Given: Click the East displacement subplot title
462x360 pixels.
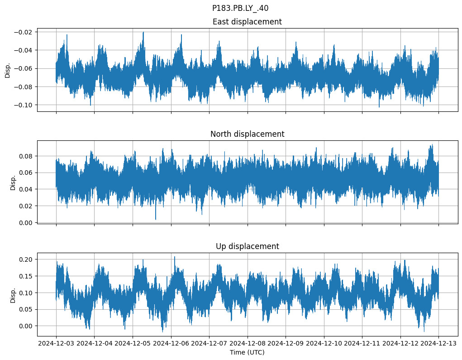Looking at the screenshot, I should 247,22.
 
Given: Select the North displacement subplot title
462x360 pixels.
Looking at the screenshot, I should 247,134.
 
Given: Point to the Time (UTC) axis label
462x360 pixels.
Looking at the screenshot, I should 247,352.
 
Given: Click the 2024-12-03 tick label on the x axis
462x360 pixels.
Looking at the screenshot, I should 56,344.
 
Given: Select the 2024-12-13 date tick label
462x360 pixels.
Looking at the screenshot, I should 438,344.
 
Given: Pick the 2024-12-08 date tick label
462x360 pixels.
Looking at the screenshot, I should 248,344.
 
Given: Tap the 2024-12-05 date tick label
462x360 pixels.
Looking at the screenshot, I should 133,344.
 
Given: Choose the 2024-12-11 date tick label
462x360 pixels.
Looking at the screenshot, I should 362,344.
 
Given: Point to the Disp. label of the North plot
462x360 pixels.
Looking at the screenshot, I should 13,182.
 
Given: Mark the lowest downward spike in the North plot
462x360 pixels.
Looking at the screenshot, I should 156,220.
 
